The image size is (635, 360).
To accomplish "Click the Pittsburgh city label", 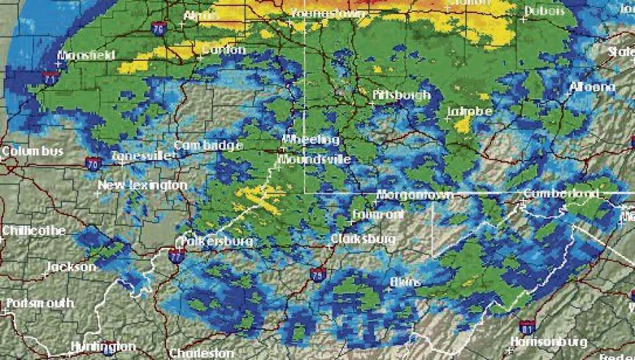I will click(x=401, y=95).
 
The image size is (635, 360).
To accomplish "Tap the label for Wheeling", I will click(x=310, y=140).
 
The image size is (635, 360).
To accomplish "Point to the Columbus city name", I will click(x=32, y=151).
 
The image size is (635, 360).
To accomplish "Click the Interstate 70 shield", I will click(x=93, y=163).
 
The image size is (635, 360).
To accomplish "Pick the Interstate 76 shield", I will click(x=158, y=28).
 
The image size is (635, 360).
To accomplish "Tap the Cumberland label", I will click(x=561, y=194).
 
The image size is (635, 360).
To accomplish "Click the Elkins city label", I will click(x=405, y=282).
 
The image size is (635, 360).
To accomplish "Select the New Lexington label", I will click(x=143, y=185).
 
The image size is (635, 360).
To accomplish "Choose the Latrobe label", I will click(x=469, y=111).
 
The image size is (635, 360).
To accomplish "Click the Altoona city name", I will click(x=592, y=87).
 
